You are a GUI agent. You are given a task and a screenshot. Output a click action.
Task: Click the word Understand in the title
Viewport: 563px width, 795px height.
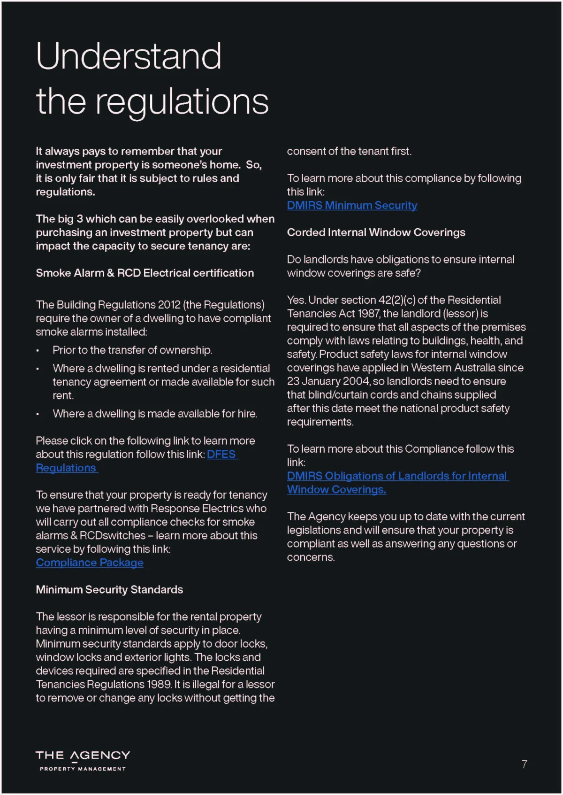[129, 56]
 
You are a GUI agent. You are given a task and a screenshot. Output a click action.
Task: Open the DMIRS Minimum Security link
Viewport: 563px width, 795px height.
[352, 206]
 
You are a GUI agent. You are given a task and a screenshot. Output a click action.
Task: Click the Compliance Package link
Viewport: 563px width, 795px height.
[90, 563]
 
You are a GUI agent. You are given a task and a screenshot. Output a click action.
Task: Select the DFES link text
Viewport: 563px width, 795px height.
[221, 455]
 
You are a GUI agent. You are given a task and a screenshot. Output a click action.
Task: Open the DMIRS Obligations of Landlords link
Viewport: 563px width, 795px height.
[397, 476]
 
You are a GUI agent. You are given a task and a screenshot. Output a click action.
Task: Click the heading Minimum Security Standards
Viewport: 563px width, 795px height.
[109, 590]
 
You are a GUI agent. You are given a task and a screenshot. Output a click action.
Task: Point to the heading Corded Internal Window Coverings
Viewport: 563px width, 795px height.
[376, 233]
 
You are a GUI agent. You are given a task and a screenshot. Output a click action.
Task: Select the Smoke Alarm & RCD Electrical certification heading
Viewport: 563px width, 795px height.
[145, 273]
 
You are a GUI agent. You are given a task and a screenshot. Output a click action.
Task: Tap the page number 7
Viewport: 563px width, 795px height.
[524, 764]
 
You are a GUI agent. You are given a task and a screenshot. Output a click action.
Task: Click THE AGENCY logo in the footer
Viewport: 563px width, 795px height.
[83, 756]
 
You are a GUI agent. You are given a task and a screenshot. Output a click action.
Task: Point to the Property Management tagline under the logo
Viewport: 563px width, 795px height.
[83, 769]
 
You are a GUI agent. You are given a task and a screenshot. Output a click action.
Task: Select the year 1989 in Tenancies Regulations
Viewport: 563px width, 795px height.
[160, 685]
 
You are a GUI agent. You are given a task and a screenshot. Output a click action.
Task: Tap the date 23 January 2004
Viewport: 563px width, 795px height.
[328, 381]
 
